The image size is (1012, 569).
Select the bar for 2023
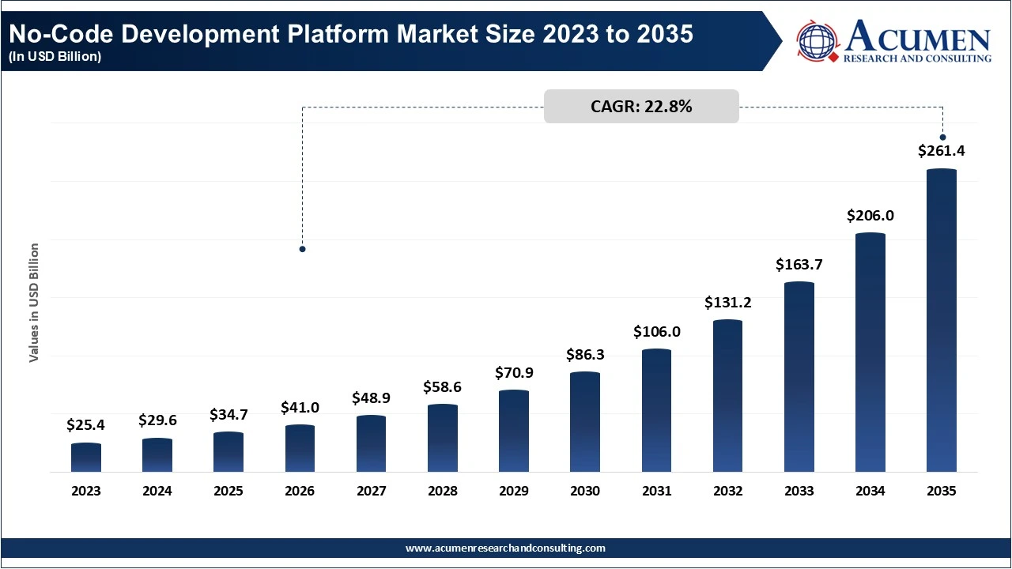coord(86,458)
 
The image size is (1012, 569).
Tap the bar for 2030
coord(585,422)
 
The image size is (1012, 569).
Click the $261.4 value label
coord(941,151)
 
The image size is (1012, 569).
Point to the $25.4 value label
coord(86,425)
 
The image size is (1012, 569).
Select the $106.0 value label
coord(656,332)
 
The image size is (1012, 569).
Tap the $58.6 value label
coord(443,387)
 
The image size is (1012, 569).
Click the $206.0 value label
coord(870,215)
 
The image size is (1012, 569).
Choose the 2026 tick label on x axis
coord(300,491)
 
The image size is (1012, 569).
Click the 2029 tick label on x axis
coord(514,491)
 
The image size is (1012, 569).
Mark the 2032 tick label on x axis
coord(727,491)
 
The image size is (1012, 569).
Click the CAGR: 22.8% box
coord(641,107)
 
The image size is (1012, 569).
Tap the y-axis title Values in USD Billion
coord(34,303)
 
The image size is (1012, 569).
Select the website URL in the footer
coord(505,548)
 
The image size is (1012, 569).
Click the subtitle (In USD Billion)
coord(55,57)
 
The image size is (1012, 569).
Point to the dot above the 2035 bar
coord(942,138)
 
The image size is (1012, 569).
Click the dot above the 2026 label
coord(302,249)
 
